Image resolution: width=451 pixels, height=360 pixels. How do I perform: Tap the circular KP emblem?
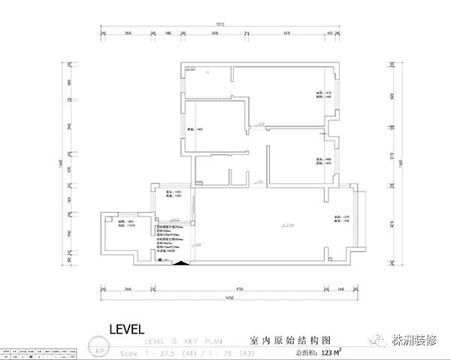98,350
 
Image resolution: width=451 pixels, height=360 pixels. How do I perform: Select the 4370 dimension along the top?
288,34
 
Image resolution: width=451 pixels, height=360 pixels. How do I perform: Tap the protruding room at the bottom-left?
127,236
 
